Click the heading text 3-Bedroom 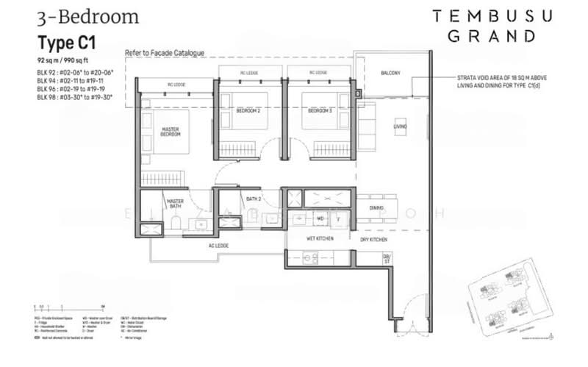[x=79, y=16]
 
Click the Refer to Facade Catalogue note [x=164, y=53]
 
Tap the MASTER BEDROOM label [x=171, y=133]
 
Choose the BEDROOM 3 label [x=320, y=110]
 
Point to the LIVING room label [x=400, y=127]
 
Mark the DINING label [x=377, y=209]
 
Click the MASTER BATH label [x=175, y=204]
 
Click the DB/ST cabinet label [x=387, y=257]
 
